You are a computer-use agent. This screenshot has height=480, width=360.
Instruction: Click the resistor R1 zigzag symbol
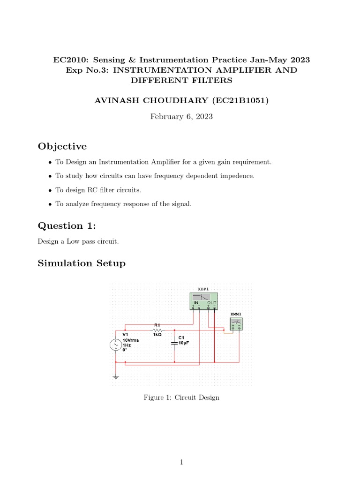pyautogui.click(x=157, y=330)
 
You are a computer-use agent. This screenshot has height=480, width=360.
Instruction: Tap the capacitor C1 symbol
pyautogui.click(x=174, y=343)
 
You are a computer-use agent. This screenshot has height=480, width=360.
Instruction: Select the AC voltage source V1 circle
pyautogui.click(x=115, y=345)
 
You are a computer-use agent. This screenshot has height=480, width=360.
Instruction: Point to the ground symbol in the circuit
pyautogui.click(x=116, y=376)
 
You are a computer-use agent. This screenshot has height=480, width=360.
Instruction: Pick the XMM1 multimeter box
pyautogui.click(x=236, y=324)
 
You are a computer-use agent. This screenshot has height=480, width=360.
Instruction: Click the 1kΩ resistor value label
pyautogui.click(x=157, y=334)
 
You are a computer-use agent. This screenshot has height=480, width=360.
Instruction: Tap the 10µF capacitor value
pyautogui.click(x=183, y=343)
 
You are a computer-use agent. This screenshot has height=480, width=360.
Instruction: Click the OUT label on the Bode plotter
pyautogui.click(x=212, y=303)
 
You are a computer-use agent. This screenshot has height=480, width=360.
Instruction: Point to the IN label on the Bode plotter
pyautogui.click(x=196, y=303)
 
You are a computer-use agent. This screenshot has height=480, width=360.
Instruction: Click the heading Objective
pyautogui.click(x=62, y=147)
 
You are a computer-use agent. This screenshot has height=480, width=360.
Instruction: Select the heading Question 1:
pyautogui.click(x=67, y=226)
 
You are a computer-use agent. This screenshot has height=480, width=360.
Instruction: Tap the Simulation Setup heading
pyautogui.click(x=82, y=263)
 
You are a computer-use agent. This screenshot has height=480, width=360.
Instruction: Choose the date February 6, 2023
pyautogui.click(x=181, y=117)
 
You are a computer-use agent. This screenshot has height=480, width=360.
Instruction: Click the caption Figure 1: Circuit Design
pyautogui.click(x=181, y=397)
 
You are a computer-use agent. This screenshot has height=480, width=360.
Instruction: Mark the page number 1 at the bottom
pyautogui.click(x=181, y=463)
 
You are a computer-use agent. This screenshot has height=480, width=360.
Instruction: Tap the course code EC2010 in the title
pyautogui.click(x=68, y=60)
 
